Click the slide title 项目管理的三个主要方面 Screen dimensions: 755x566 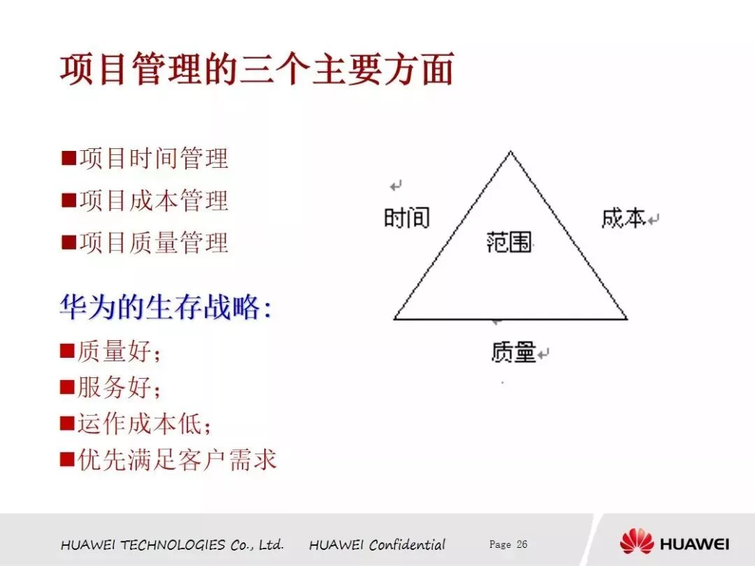click(x=257, y=69)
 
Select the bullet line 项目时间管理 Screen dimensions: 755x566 click(x=154, y=159)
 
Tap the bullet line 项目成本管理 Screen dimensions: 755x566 click(x=154, y=201)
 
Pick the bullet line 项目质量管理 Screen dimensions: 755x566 click(x=154, y=242)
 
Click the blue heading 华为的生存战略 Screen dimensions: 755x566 click(x=166, y=307)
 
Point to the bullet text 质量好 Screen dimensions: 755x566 click(x=118, y=351)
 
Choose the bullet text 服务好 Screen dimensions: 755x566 click(x=118, y=387)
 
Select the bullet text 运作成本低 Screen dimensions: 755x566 click(x=144, y=424)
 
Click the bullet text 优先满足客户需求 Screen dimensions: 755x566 click(x=177, y=460)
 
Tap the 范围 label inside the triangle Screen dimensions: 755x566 click(x=510, y=242)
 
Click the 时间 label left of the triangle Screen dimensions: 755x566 click(x=407, y=218)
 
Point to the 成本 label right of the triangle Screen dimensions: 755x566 click(x=624, y=218)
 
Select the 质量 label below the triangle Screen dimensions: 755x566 click(x=513, y=351)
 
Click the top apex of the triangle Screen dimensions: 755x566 click(x=510, y=152)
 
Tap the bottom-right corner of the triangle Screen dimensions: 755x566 click(x=627, y=319)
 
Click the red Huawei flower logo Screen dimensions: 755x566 click(x=637, y=542)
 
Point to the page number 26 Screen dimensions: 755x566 click(x=522, y=544)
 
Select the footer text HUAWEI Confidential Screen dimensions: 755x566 click(x=377, y=545)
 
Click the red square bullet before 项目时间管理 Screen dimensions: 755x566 click(x=69, y=158)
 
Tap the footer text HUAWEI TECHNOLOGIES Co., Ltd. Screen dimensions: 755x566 click(x=173, y=545)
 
